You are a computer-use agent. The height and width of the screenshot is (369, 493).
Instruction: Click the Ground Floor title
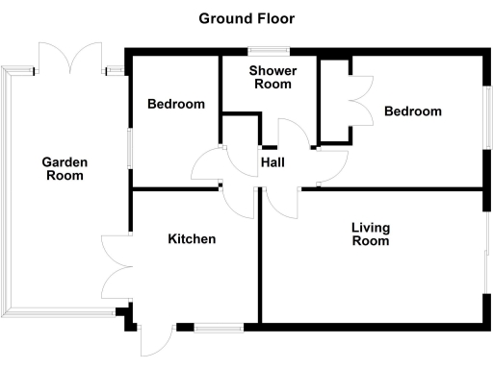[x=246, y=18]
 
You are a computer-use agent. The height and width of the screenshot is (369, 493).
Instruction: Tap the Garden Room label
[x=65, y=169]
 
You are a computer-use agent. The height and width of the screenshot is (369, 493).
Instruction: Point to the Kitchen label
[x=192, y=239]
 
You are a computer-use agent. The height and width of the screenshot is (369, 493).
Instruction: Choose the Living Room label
[x=371, y=234]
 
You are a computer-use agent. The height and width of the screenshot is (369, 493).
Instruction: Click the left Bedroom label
[x=176, y=104]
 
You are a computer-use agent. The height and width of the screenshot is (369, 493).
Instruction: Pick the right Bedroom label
[x=413, y=111]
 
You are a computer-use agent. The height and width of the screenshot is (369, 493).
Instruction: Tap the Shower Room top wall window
[x=270, y=50]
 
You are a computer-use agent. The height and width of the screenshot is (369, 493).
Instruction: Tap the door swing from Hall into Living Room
[x=281, y=203]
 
